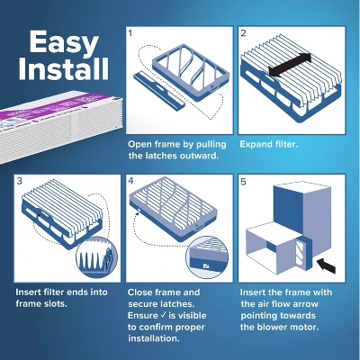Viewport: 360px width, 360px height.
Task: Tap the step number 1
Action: pyautogui.click(x=130, y=33)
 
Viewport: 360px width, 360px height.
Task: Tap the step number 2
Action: pyautogui.click(x=243, y=33)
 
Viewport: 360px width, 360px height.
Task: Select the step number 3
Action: pyautogui.click(x=20, y=182)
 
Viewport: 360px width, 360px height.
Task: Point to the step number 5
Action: pyautogui.click(x=243, y=182)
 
